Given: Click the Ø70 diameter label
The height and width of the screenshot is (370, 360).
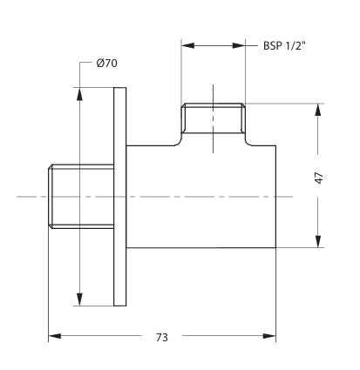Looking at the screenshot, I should (107, 63).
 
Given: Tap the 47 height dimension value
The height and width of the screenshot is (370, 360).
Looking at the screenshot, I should (319, 177).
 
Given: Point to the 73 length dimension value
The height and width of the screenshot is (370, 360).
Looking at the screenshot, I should (163, 337).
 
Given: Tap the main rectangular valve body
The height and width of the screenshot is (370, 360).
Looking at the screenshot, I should (202, 197).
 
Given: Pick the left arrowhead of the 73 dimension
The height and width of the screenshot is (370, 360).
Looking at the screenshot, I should (51, 335).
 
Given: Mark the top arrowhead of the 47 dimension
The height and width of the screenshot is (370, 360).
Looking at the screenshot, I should (318, 108).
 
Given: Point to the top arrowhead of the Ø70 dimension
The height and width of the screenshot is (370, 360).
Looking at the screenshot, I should (80, 91).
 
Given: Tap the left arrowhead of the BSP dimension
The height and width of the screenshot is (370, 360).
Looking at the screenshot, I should (186, 46).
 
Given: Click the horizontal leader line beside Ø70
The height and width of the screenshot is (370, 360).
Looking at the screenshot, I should (86, 63).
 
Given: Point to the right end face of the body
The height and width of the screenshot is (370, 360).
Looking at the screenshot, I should (277, 197).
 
